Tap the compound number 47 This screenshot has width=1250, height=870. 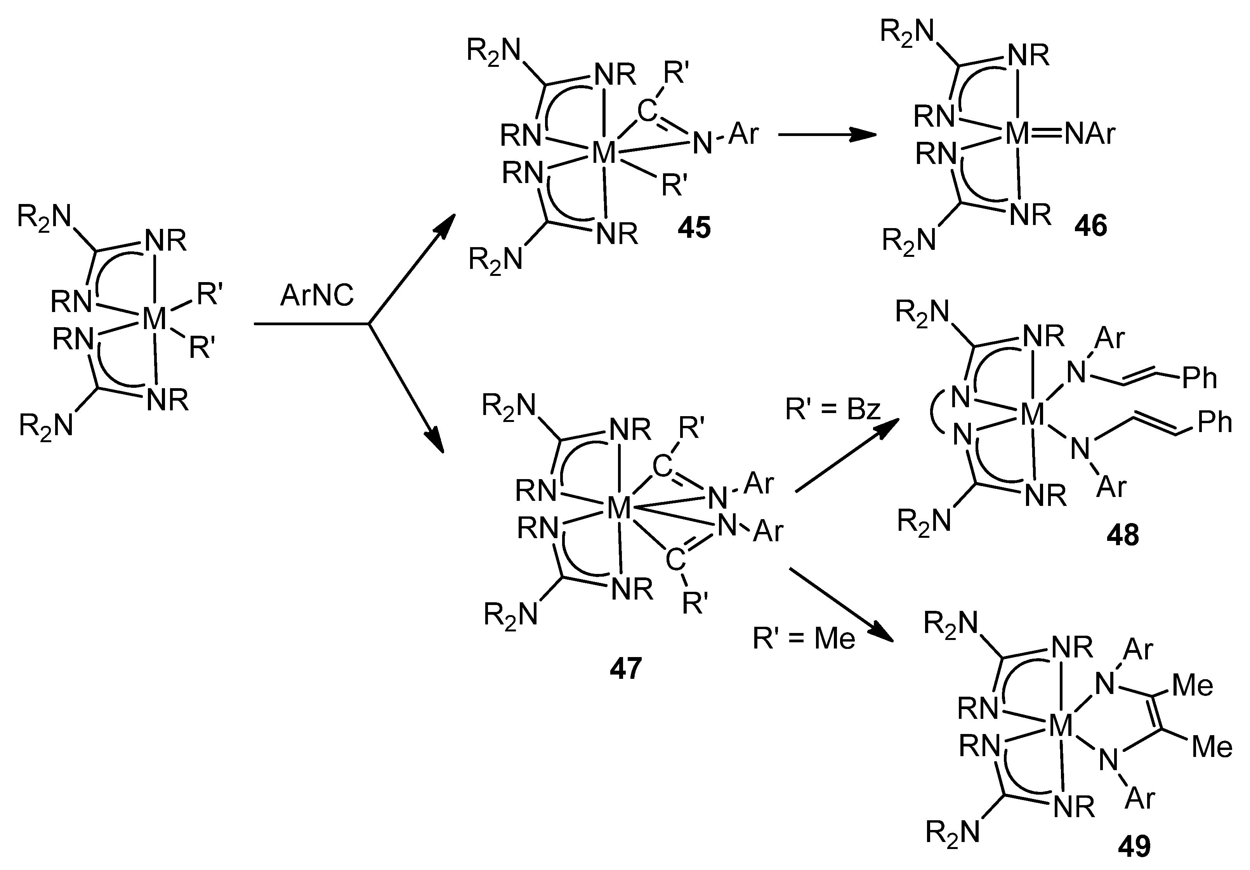(626, 668)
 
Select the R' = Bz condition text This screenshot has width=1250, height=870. (833, 409)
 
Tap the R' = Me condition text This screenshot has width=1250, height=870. (804, 638)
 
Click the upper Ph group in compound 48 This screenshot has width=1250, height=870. (1200, 378)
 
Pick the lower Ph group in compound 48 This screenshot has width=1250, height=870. (1214, 422)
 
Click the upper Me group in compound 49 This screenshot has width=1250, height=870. (1192, 685)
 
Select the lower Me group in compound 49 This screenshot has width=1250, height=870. (1212, 747)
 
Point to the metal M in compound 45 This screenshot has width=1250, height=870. (604, 153)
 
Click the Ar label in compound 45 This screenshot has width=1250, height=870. (743, 133)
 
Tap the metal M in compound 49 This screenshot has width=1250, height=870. (1060, 726)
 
